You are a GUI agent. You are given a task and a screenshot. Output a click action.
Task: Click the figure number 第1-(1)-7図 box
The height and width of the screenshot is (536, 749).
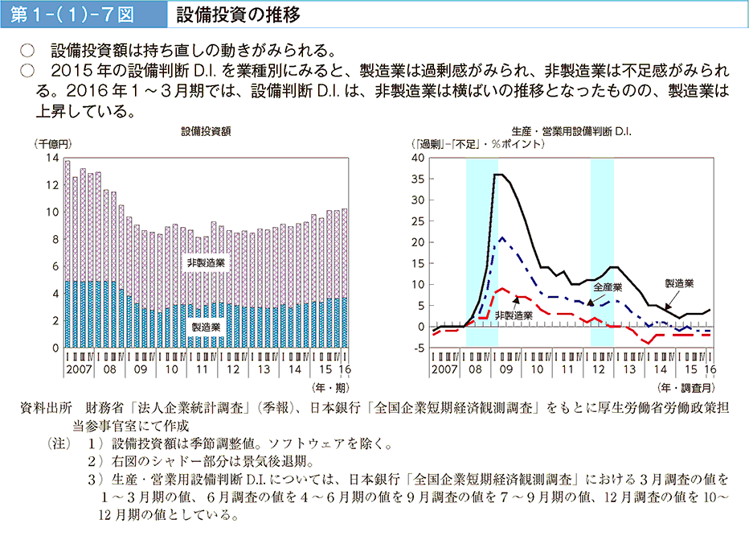(78, 14)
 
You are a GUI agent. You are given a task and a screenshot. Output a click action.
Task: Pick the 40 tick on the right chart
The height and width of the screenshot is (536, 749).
(417, 159)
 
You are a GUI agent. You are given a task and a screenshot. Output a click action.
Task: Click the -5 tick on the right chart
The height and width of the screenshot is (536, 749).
(417, 348)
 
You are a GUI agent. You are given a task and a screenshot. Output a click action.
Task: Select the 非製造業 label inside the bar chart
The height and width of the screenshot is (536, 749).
(206, 263)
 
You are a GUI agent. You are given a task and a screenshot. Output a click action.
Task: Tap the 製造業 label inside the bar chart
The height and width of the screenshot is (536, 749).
(207, 327)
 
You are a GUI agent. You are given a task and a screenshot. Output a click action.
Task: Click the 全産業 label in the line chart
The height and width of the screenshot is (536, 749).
(608, 287)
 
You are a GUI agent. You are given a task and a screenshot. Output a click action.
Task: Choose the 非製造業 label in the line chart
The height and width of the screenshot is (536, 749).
(514, 315)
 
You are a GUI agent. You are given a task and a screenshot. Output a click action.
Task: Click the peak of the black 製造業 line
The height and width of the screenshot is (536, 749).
(498, 175)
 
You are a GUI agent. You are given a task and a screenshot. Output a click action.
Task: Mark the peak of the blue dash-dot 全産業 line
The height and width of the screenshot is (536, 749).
(502, 237)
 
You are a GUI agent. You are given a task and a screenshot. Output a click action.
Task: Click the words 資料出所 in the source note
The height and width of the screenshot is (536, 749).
(46, 409)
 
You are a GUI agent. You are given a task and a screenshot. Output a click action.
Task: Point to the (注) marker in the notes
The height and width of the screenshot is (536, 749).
(60, 443)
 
